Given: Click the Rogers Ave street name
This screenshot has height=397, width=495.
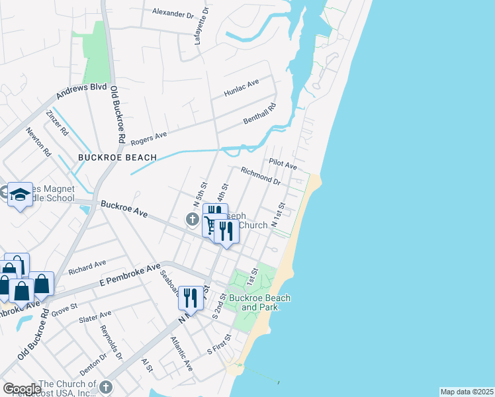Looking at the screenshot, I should point(148,138).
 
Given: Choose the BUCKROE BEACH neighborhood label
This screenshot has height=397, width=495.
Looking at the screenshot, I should point(117,157).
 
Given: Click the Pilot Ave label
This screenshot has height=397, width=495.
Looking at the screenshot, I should point(283,163).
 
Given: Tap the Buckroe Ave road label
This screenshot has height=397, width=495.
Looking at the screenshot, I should point(124,210).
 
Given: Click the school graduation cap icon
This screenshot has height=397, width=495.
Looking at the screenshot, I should point(21,194).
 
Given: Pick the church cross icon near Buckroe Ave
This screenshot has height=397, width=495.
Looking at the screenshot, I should point(193,219).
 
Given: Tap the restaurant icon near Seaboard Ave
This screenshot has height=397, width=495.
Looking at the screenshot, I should point(191,296).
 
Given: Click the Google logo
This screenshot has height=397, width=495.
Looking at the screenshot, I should point(21,388).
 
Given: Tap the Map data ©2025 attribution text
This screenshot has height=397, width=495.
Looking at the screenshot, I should point(466,392).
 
